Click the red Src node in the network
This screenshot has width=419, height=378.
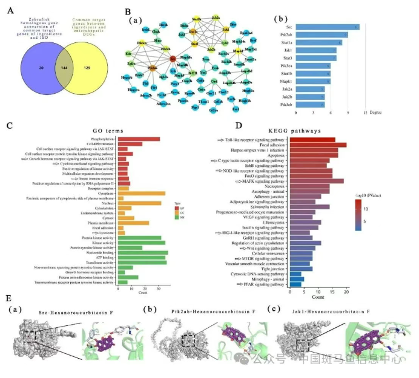[x=173, y=58]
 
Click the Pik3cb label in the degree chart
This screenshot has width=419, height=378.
[x=285, y=104]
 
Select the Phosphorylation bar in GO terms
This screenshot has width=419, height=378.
[x=139, y=138]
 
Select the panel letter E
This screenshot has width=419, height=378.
[x=8, y=298]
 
